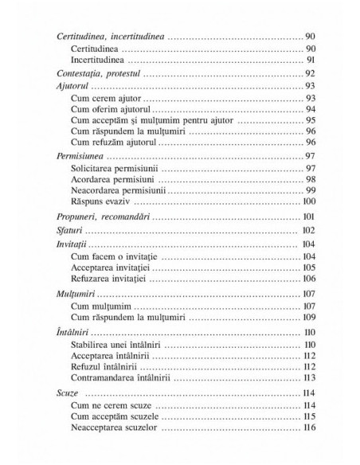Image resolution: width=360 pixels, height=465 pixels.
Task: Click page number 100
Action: coord(309,202)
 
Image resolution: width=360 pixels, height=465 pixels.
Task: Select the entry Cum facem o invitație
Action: coord(115,256)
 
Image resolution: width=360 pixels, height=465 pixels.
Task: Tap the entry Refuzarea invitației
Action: coord(112,279)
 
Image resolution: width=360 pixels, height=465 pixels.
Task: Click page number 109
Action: coord(309,316)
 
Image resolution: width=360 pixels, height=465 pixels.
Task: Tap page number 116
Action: coord(309,428)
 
